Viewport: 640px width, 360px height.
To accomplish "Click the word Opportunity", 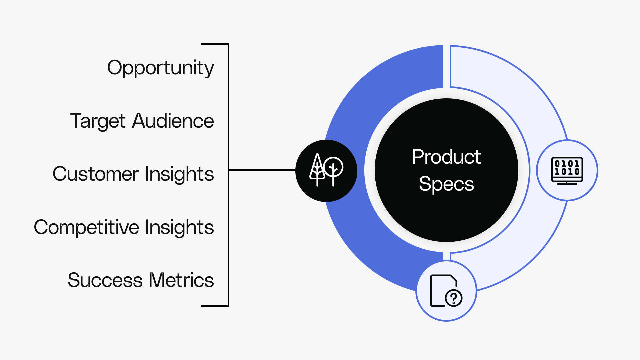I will point(160,68).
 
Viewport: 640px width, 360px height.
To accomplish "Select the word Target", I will point(98,121).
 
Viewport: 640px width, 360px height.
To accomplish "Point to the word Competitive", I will point(86,227).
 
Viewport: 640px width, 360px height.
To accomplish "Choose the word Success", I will point(105,280).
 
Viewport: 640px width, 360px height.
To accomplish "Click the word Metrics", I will point(181,280).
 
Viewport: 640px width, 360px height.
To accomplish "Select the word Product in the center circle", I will point(446,157).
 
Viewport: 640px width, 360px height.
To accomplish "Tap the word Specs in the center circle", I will point(446,184).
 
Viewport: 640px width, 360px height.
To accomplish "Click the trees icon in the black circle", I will point(326,170).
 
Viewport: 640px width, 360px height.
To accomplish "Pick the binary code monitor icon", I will point(567,170).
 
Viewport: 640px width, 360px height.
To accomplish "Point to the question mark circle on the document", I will point(454,298).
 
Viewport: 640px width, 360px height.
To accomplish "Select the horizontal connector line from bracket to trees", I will point(262,170).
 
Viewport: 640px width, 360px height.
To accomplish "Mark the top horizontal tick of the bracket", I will point(215,44).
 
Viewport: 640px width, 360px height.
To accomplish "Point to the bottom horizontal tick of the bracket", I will point(215,306).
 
